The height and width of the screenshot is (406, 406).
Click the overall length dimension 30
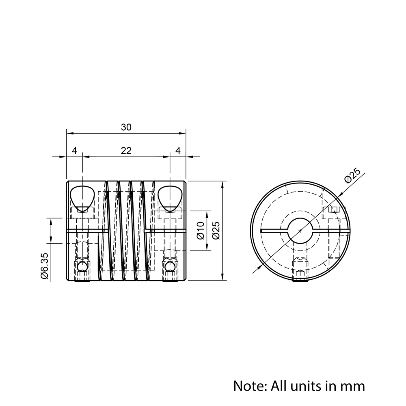(126, 127)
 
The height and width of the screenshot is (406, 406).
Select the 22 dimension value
(126, 151)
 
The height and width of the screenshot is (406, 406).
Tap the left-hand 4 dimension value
(74, 151)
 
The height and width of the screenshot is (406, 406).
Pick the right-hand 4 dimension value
(178, 151)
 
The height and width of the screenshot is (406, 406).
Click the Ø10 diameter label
(200, 230)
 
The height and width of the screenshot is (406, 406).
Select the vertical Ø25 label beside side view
(216, 230)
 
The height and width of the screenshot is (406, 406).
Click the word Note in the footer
(248, 385)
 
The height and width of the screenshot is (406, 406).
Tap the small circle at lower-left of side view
(82, 266)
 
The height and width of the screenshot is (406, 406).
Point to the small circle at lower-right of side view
(169, 266)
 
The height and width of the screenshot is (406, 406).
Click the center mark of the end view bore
(300, 231)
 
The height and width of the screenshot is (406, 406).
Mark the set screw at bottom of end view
(300, 270)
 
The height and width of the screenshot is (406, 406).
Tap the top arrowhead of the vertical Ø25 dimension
(222, 184)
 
